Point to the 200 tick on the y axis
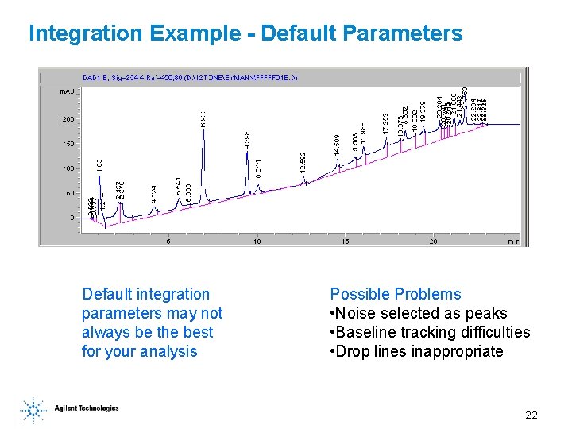68,119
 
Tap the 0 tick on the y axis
71,218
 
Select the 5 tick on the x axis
168,241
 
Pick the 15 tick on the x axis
345,241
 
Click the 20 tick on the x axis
434,241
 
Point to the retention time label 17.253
385,122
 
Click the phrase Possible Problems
395,294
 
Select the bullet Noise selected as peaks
418,313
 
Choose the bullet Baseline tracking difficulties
430,332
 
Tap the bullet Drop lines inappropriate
416,351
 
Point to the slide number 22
531,415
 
